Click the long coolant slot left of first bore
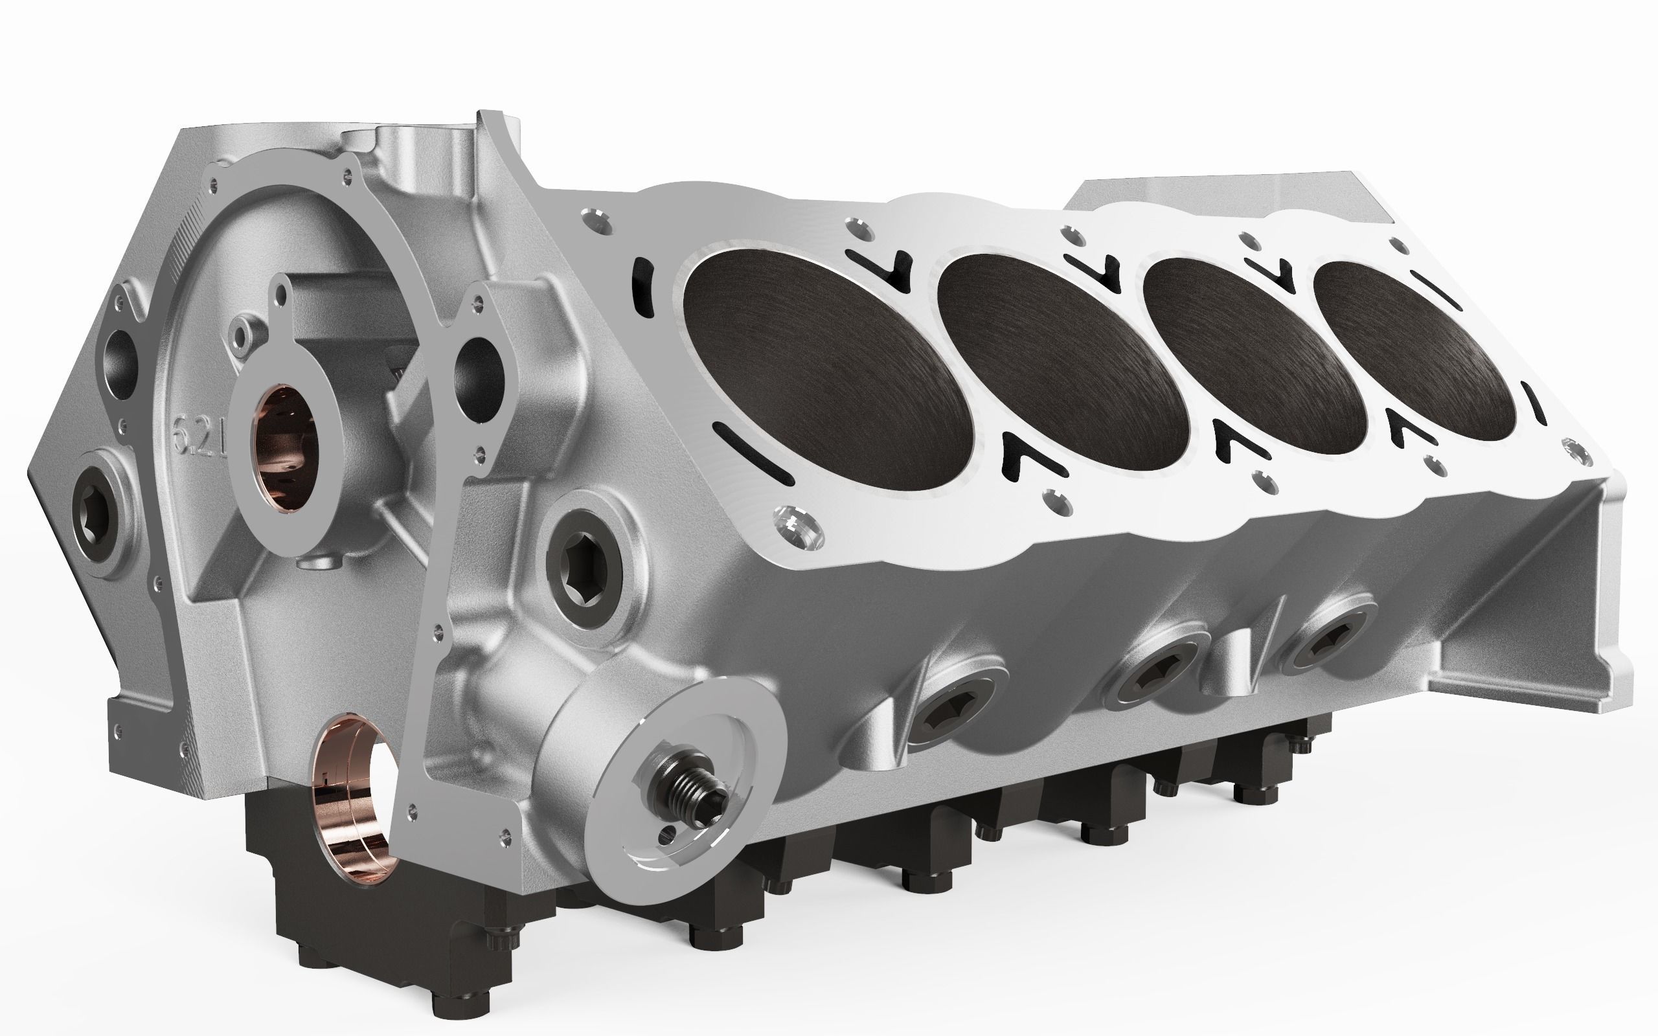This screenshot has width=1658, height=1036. [x=753, y=454]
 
